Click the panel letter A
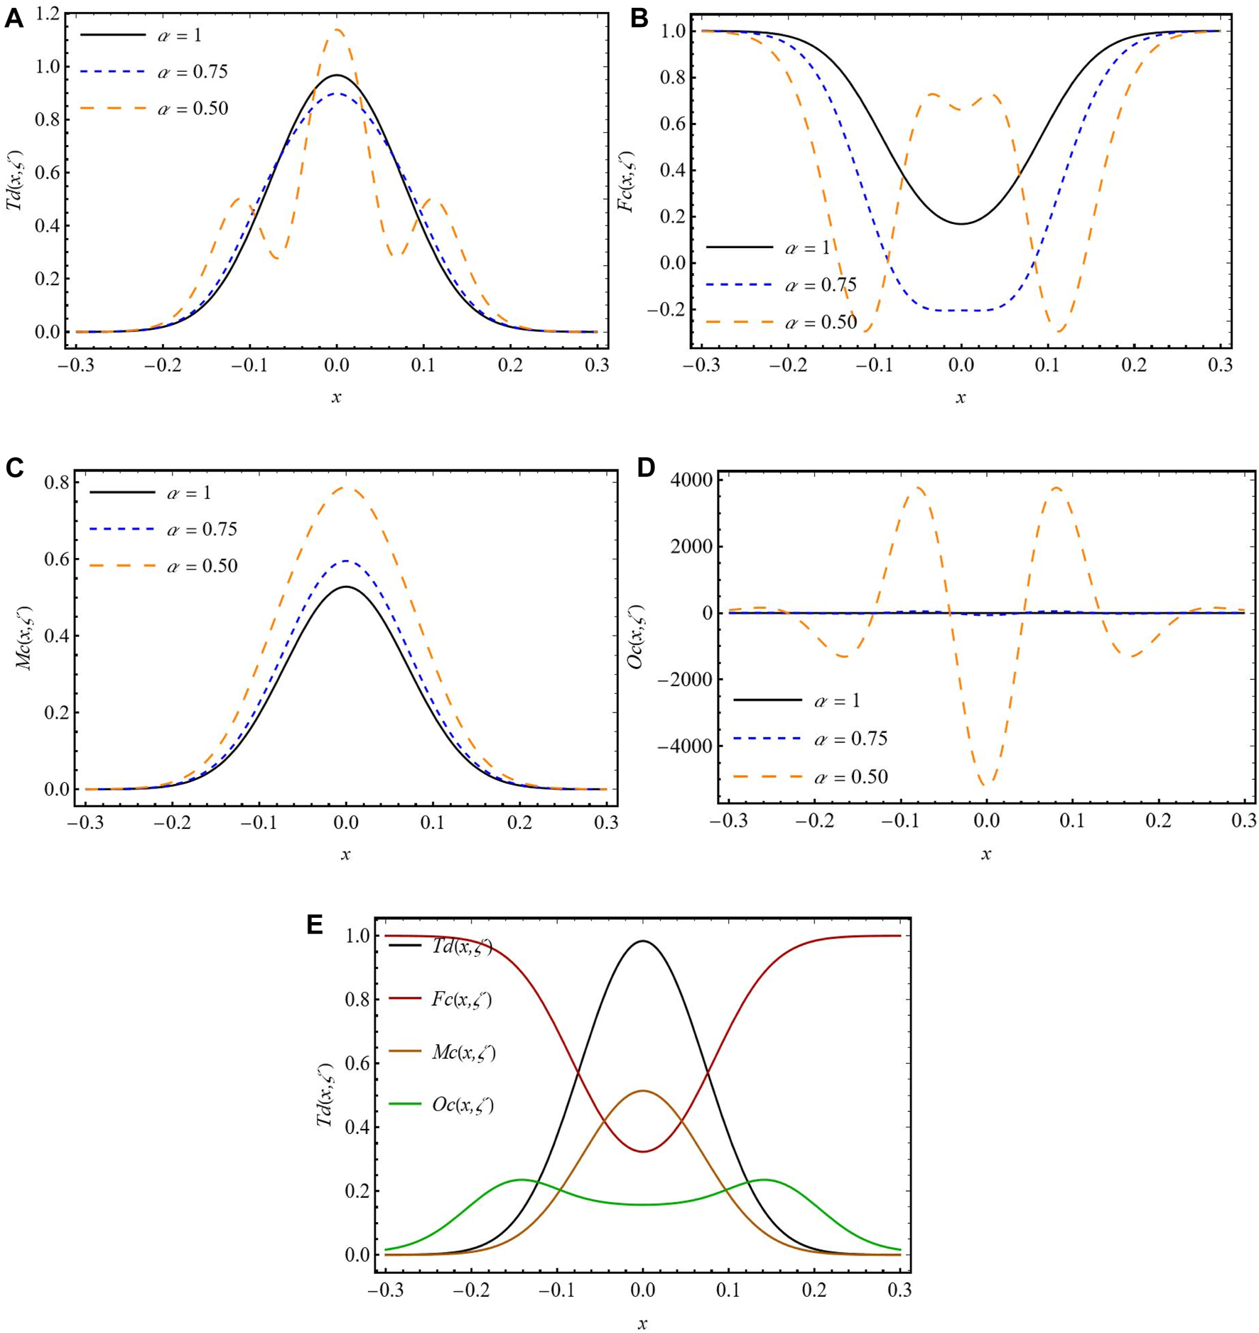pyautogui.click(x=13, y=18)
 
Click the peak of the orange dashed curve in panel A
pyautogui.click(x=336, y=30)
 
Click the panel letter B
pyautogui.click(x=639, y=18)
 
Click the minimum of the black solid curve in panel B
pyautogui.click(x=961, y=224)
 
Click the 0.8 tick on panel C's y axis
pyautogui.click(x=56, y=483)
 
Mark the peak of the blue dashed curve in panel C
pyautogui.click(x=345, y=561)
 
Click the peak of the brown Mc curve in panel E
pyautogui.click(x=642, y=1091)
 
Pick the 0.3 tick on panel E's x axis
pyautogui.click(x=899, y=1290)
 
